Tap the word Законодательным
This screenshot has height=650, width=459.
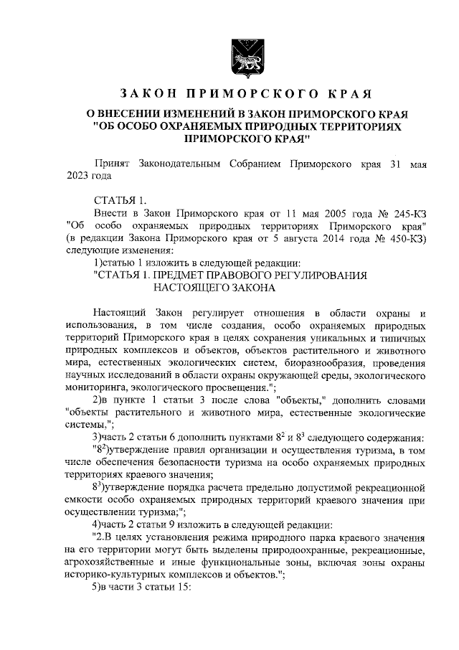click(177, 164)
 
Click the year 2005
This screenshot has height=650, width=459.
click(345, 215)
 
